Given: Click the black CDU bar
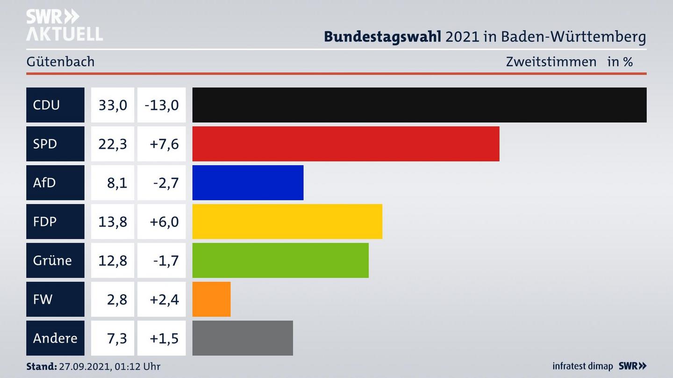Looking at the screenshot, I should (x=419, y=105).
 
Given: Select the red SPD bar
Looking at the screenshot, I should (x=346, y=144).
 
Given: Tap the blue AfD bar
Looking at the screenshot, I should (x=248, y=182).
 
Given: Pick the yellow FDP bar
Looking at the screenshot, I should (x=287, y=221).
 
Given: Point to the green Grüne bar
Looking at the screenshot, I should (x=280, y=260).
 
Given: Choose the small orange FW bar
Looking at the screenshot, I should (x=211, y=299).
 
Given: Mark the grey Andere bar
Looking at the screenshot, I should (x=243, y=338).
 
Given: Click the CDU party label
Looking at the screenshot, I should (x=46, y=105).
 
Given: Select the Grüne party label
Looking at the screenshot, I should (x=52, y=260).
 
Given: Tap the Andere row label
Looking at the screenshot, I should (x=55, y=338).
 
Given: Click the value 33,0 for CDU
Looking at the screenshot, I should (x=113, y=105).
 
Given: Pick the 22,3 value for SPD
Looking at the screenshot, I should (x=113, y=144).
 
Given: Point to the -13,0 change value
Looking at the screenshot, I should (x=162, y=105).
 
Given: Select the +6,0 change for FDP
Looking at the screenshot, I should (x=164, y=221).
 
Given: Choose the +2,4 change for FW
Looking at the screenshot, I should (x=164, y=299).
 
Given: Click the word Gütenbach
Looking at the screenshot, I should (x=60, y=62).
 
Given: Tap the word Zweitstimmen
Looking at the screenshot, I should (x=551, y=62).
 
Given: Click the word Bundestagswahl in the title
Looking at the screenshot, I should (x=382, y=36).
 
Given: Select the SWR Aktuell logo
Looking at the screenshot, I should (x=64, y=25).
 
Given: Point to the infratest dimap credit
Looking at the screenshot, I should (x=582, y=366).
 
